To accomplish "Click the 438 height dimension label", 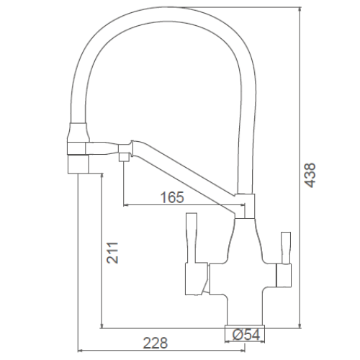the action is pyautogui.click(x=310, y=175).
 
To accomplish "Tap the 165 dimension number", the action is pyautogui.click(x=172, y=197).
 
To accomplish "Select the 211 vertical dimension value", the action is pyautogui.click(x=112, y=253).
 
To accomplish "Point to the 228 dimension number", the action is pyautogui.click(x=156, y=343).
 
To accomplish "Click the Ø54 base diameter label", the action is pyautogui.click(x=246, y=335).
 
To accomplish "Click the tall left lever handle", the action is pyautogui.click(x=192, y=238).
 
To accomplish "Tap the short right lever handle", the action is pyautogui.click(x=286, y=248).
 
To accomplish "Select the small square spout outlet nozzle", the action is pyautogui.click(x=125, y=158).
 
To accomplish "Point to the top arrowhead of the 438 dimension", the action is pyautogui.click(x=300, y=9).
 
